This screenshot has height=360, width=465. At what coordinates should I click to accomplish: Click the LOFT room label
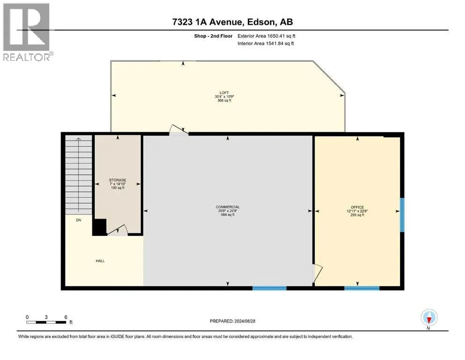[x=224, y=93]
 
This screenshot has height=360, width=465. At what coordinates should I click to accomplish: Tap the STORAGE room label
[x=118, y=180]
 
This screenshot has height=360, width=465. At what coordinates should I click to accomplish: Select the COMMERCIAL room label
[x=228, y=207]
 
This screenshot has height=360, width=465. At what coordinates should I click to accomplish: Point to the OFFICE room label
[x=357, y=207]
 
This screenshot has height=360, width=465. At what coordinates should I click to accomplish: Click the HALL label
[x=100, y=261]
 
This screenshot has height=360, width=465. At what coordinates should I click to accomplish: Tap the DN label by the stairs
[x=79, y=220]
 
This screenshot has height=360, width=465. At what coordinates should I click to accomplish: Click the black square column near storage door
[x=100, y=227]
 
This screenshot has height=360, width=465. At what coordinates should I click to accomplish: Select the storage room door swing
[x=118, y=230]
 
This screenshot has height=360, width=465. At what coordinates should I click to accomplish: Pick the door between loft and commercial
[x=178, y=130]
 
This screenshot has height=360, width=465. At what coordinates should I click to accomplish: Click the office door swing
[x=317, y=273]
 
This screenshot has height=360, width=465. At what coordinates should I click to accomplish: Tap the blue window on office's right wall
[x=402, y=215]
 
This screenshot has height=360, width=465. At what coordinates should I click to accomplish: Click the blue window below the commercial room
[x=270, y=288]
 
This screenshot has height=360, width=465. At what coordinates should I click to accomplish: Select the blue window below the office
[x=362, y=288]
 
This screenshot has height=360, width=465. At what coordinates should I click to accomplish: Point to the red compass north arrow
[x=429, y=319]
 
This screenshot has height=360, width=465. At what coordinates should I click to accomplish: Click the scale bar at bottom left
[x=46, y=322]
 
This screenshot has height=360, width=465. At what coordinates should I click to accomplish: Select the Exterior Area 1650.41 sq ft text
[x=266, y=36]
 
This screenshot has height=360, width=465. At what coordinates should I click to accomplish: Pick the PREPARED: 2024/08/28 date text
[x=232, y=321]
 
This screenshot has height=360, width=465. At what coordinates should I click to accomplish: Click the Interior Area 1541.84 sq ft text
[x=266, y=43]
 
